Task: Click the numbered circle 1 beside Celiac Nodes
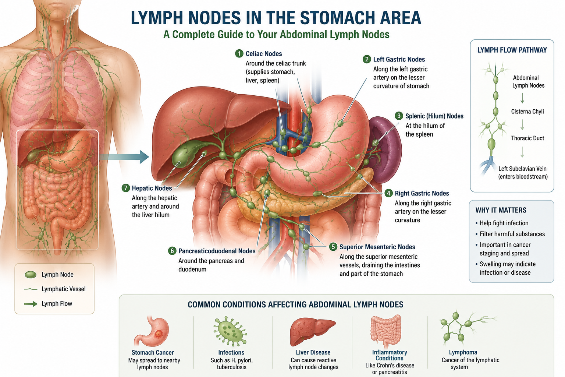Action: tap(239, 53)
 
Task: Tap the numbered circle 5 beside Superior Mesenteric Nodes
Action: tap(333, 247)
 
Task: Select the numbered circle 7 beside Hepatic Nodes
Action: tap(125, 188)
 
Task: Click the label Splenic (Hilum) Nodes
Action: tap(434, 116)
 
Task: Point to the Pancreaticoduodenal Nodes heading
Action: tap(217, 251)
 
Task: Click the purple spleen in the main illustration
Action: tap(386, 149)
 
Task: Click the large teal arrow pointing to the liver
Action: tap(124, 157)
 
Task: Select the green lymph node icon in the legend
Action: tap(31, 275)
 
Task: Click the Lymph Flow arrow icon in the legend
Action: tap(31, 304)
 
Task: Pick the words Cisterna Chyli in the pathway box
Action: tap(527, 112)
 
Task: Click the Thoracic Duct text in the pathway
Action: tap(528, 138)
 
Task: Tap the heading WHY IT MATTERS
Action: tap(501, 210)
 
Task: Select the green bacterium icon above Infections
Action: tap(230, 331)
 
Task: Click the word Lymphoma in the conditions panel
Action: tap(463, 352)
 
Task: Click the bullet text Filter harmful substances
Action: tap(512, 234)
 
